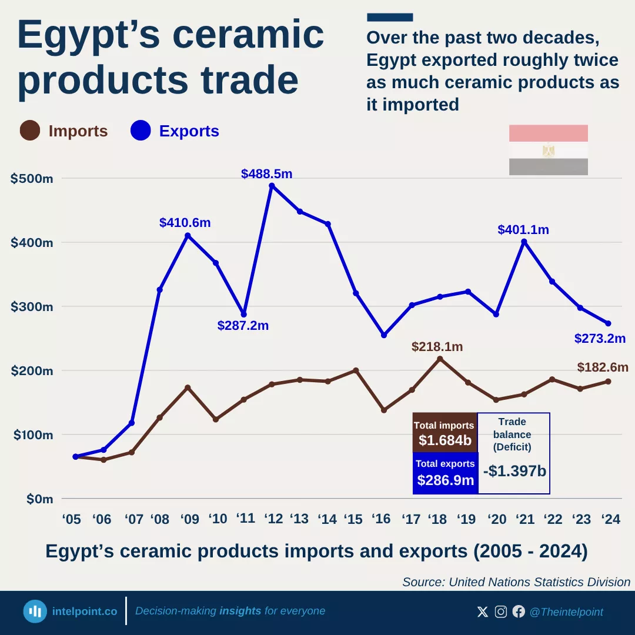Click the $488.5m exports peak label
[x=266, y=174]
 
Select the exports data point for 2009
[x=188, y=236]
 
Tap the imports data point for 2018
[x=440, y=359]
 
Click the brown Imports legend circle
[x=30, y=131]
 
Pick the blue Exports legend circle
[x=141, y=131]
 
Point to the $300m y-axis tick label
[x=32, y=307]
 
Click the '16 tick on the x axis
[x=382, y=519]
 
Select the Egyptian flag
[x=548, y=150]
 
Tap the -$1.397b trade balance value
[x=514, y=471]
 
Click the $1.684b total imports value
[x=444, y=440]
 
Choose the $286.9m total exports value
[x=445, y=480]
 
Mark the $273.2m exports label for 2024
[x=599, y=339]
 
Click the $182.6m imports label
[x=603, y=367]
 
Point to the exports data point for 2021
[x=524, y=242]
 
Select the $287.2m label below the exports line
[x=243, y=325]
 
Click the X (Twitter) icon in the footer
[x=483, y=611]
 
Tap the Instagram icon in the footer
[x=501, y=611]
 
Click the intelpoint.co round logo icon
[x=35, y=611]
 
